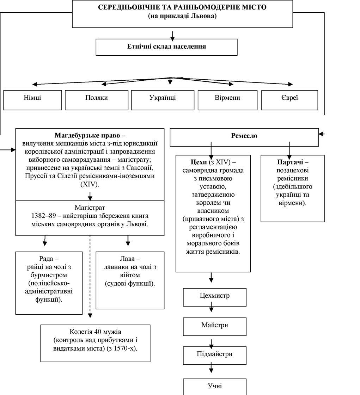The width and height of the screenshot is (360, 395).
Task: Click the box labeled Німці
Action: [32, 100]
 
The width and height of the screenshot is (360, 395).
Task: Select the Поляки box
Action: [97, 100]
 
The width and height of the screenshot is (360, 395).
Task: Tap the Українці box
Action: [163, 100]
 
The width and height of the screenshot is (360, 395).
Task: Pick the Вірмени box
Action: [227, 100]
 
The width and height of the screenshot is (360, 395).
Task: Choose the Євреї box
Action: [290, 100]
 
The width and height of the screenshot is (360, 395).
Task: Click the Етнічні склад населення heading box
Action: [167, 47]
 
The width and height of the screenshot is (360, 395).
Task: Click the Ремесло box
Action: [244, 137]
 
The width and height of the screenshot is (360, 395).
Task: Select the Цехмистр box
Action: [214, 297]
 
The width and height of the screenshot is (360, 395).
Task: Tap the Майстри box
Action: [214, 327]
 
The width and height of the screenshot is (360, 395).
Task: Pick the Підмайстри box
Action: [214, 356]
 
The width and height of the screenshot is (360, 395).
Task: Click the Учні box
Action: [214, 387]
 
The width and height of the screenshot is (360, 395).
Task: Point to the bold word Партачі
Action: [290, 162]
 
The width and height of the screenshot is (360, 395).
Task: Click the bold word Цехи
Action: [199, 162]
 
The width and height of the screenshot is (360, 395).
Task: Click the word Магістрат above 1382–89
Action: [90, 208]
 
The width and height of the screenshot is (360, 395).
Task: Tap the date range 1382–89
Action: [45, 216]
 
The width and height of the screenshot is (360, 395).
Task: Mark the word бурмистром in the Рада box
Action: [49, 275]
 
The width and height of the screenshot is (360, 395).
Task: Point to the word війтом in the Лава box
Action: [130, 275]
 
